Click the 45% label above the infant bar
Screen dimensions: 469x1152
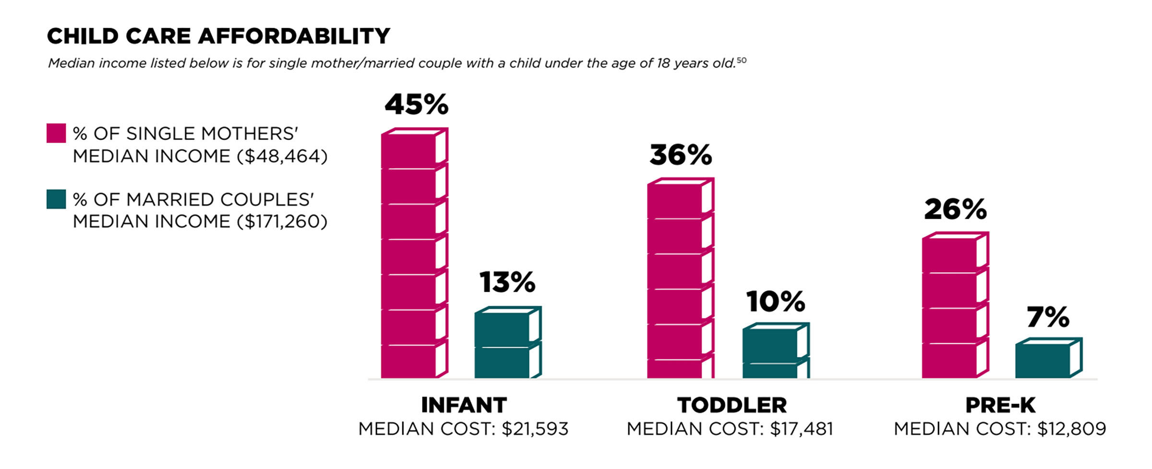[x=416, y=105]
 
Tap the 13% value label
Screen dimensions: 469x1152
[x=507, y=282]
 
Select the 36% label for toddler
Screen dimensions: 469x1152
[x=681, y=156]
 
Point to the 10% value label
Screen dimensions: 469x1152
[x=775, y=302]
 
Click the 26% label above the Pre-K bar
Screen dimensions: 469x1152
[x=955, y=210]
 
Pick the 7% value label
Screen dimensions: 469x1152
[x=1048, y=317]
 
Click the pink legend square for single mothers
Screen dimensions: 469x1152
[x=56, y=133]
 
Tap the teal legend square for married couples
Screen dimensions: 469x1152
[x=56, y=199]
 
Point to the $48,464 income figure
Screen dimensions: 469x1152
[x=282, y=156]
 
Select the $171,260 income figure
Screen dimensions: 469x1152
[x=282, y=222]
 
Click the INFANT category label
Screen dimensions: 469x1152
[x=464, y=405]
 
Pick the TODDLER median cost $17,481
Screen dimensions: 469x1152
[x=802, y=429]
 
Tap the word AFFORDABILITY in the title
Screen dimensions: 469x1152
[x=294, y=36]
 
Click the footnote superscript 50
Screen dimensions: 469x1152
[x=742, y=60]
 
